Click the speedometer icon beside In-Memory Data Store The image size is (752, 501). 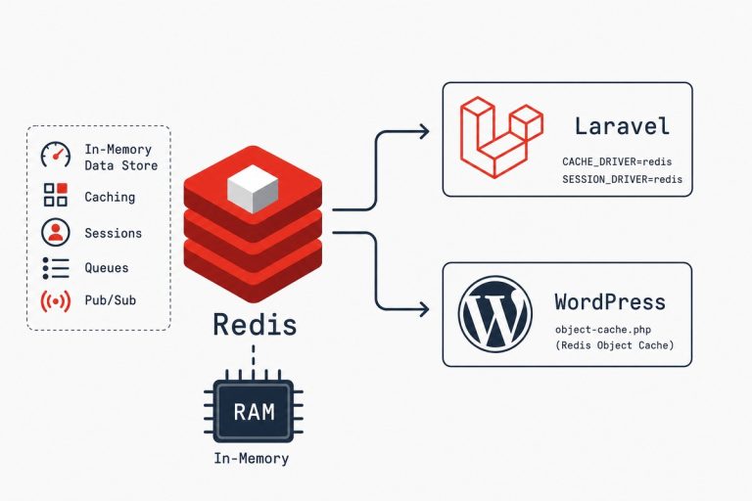(56, 155)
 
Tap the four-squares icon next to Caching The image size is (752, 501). (56, 195)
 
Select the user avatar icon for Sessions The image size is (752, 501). (56, 232)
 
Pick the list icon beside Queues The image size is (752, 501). (56, 268)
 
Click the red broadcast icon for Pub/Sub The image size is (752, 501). (56, 301)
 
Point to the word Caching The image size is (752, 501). (110, 197)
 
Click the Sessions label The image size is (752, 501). (114, 233)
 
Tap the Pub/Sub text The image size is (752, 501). (111, 300)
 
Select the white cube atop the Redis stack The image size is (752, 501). (253, 189)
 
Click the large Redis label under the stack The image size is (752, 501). (255, 325)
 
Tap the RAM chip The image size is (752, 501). (254, 411)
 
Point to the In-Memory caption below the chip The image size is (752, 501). (252, 458)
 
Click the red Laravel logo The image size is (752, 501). (501, 137)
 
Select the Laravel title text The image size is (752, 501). (622, 126)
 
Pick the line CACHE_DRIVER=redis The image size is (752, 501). (617, 161)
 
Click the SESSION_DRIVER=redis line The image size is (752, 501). (622, 179)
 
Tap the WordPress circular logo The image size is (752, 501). (495, 314)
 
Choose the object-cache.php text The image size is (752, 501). (603, 330)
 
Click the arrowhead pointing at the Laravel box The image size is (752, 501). (424, 131)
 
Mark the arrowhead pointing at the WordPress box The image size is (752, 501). (424, 309)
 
